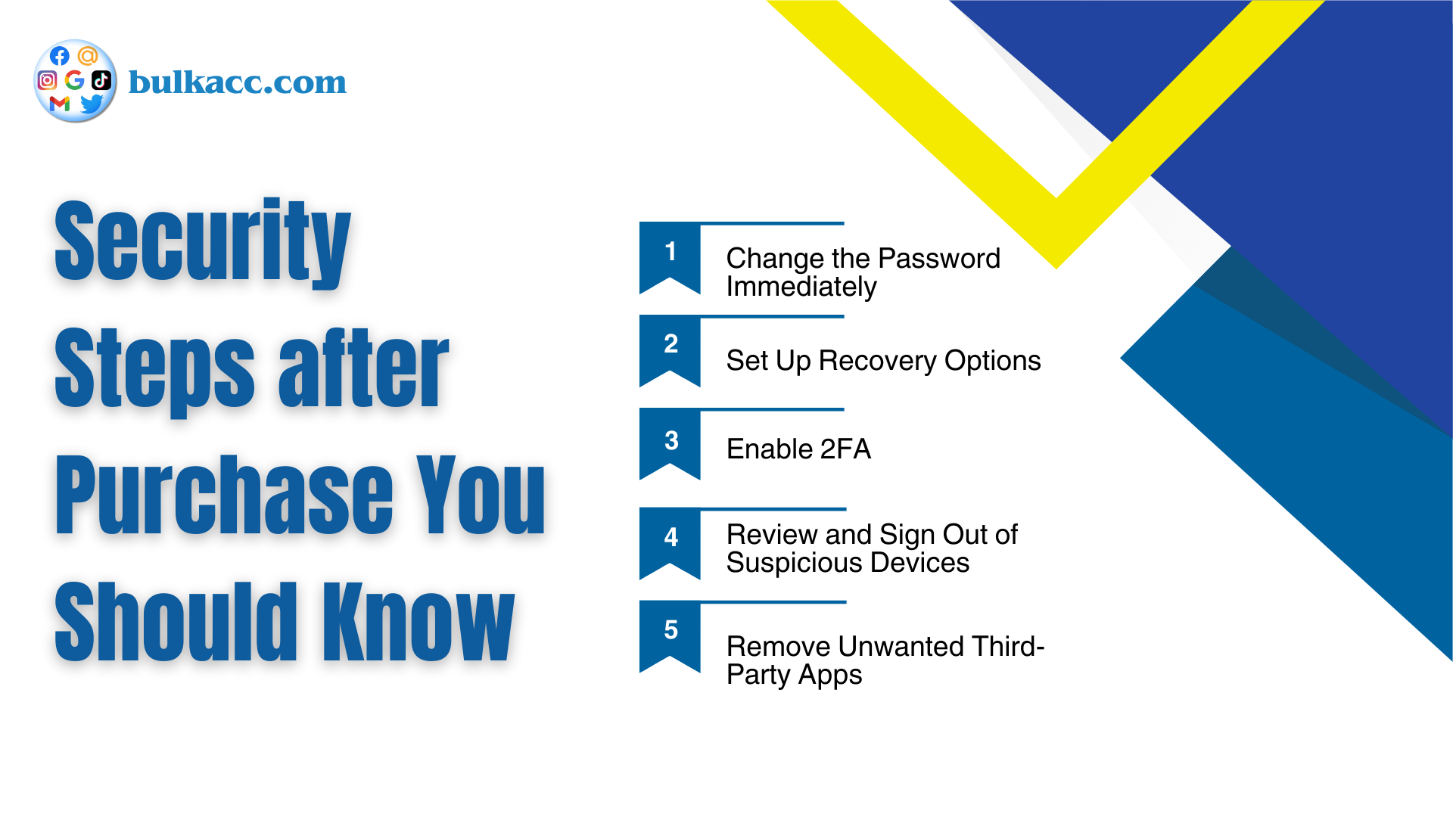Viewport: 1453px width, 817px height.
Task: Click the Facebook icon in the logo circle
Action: [60, 56]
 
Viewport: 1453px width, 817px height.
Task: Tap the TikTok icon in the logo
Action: [101, 79]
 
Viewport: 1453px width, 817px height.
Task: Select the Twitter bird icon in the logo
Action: [92, 104]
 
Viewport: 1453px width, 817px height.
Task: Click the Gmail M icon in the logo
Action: [60, 104]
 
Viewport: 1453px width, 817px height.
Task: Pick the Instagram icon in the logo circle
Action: [47, 80]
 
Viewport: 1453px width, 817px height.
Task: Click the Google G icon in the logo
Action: [74, 79]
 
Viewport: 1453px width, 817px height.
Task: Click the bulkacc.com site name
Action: [238, 82]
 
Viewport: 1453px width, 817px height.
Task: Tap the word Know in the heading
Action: [419, 621]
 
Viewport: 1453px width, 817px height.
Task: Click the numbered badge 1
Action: [670, 258]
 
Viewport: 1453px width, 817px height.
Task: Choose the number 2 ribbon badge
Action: [670, 351]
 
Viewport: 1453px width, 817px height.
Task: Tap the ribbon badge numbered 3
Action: [670, 444]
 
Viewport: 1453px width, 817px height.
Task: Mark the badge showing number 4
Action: [670, 543]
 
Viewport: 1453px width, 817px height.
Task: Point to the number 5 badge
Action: [670, 636]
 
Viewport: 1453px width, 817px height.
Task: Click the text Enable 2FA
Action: [798, 449]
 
